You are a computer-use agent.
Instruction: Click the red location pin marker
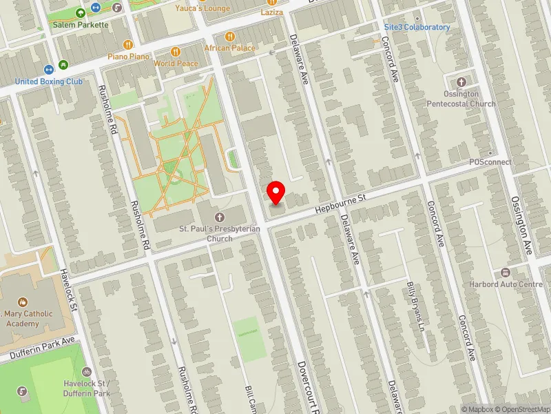[x=276, y=192]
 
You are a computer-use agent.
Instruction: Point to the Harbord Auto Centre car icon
[x=506, y=273]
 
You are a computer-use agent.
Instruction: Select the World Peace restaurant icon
[x=176, y=51]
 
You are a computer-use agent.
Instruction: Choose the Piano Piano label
[x=129, y=56]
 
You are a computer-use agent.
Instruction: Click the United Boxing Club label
[x=48, y=81]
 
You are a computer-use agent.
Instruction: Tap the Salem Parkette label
[x=81, y=25]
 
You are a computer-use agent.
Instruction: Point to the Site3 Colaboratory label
[x=417, y=27]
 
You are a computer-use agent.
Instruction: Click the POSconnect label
[x=490, y=162]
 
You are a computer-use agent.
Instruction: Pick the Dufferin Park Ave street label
[x=41, y=348]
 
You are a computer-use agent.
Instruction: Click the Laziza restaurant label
[x=272, y=12]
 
